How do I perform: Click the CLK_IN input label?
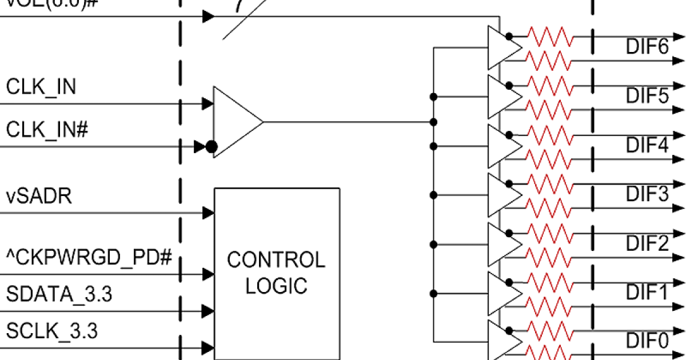(x=41, y=87)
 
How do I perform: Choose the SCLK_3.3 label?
(x=52, y=330)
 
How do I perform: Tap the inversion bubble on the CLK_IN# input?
(x=211, y=147)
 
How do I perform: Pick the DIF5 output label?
(x=647, y=95)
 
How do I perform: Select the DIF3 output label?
(x=647, y=194)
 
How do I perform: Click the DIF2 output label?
(x=647, y=243)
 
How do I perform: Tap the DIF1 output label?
(x=647, y=293)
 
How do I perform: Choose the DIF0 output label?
(x=647, y=341)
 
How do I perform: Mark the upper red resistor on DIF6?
(x=549, y=35)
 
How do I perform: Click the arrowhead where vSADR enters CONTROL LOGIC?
(x=208, y=213)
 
